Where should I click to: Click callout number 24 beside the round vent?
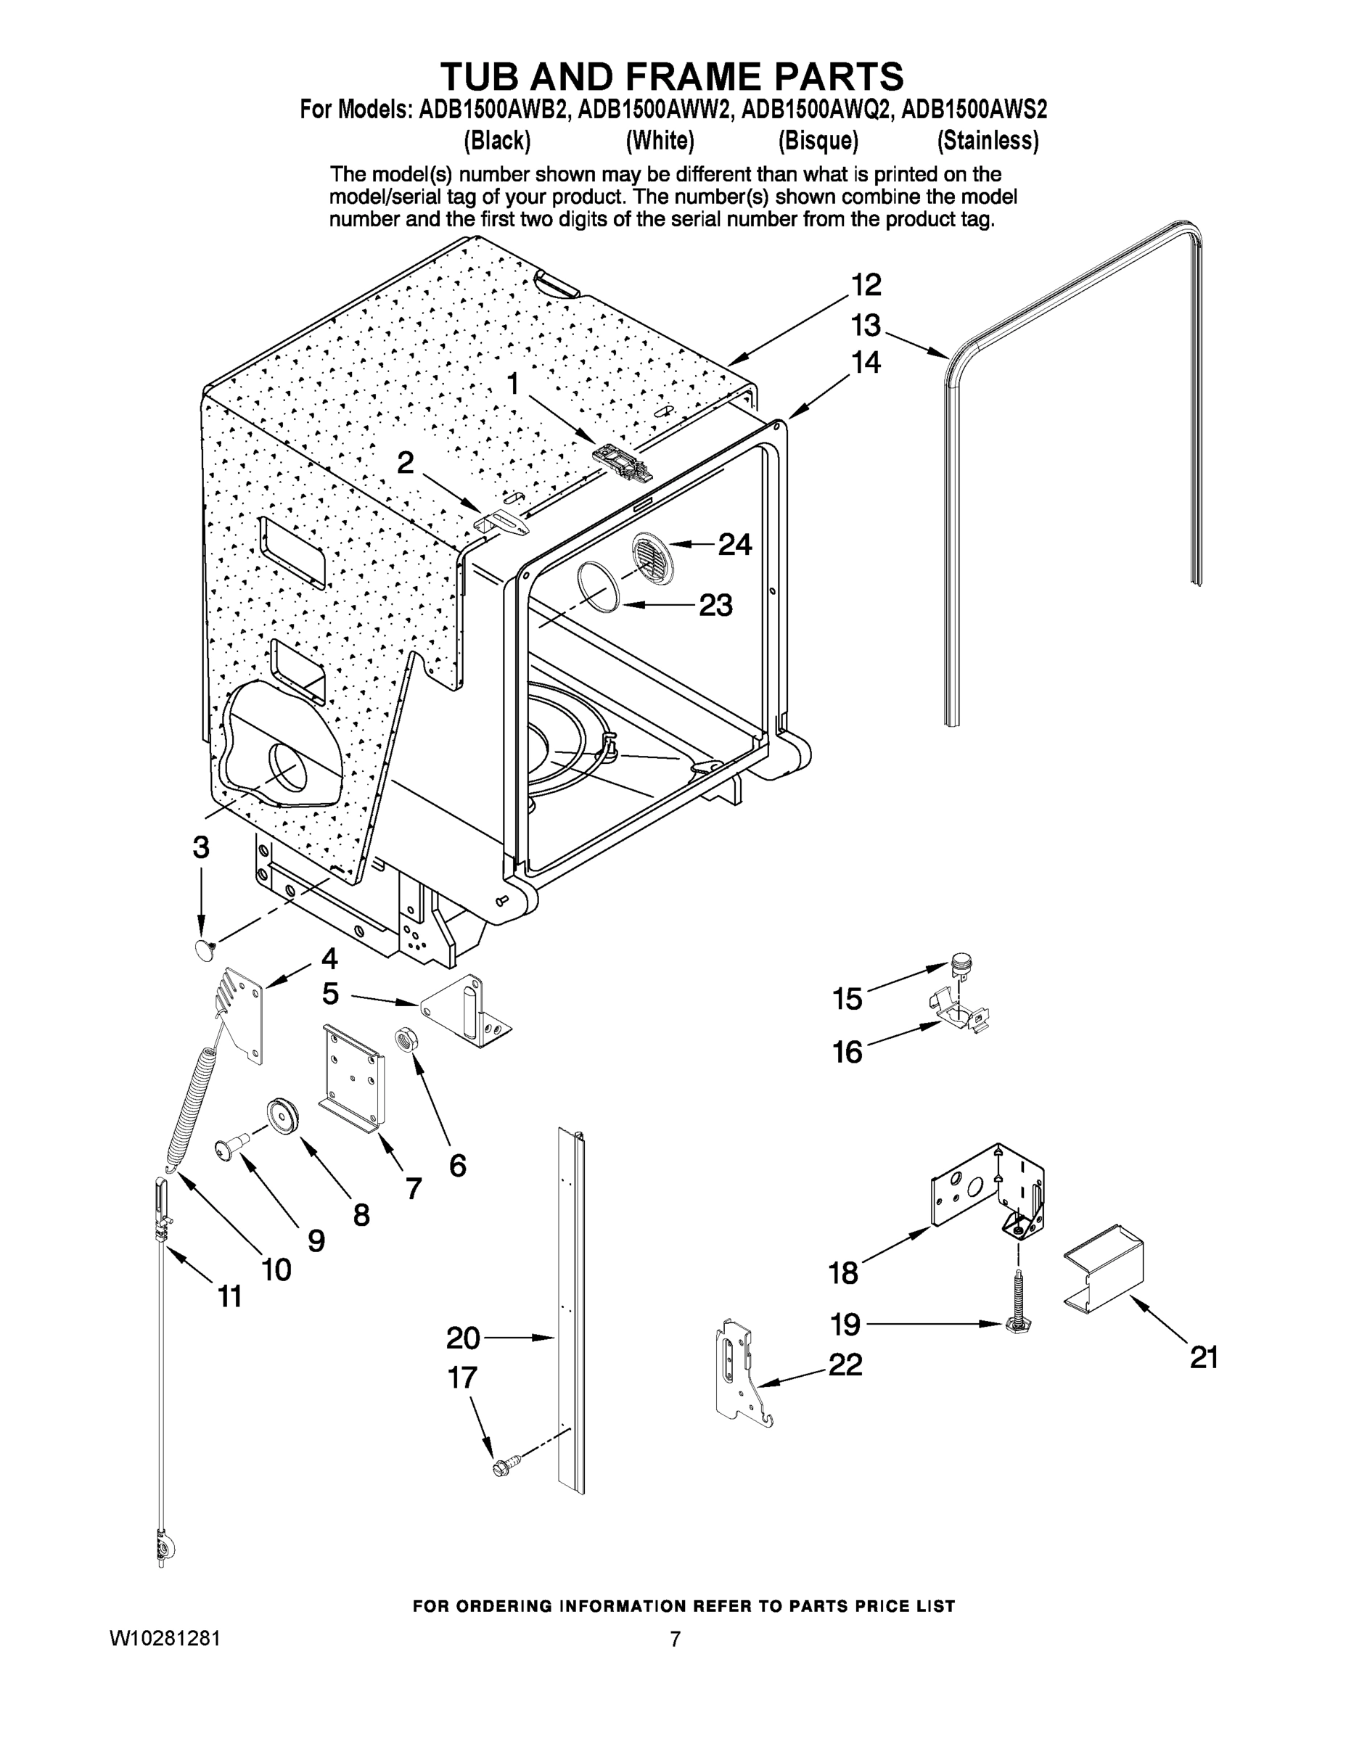click(x=734, y=545)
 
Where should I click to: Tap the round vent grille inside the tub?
click(x=652, y=558)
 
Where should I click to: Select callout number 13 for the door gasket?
click(x=865, y=325)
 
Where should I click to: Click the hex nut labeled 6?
click(x=404, y=1040)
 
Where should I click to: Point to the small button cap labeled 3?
click(x=206, y=948)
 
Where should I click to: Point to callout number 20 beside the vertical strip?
click(x=462, y=1338)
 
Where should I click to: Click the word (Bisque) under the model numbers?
click(x=818, y=141)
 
